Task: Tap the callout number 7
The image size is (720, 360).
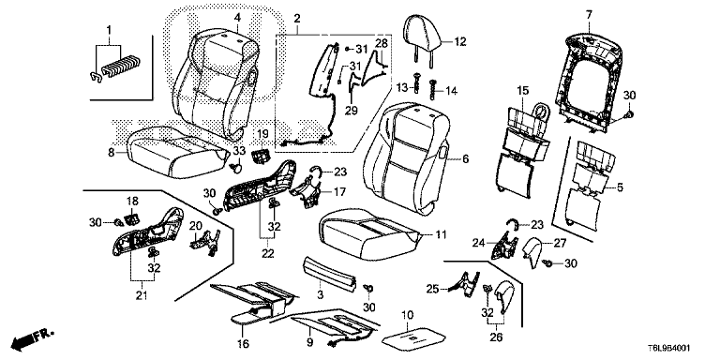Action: pos(589,16)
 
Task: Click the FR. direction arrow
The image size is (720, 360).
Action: pos(32,337)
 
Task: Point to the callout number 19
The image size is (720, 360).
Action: pos(262,134)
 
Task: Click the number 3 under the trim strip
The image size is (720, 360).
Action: pos(321,294)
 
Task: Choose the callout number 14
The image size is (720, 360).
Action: pos(451,91)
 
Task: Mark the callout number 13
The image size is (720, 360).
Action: pos(402,87)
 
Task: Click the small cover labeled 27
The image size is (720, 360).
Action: pos(533,251)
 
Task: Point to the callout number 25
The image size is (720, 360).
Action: pos(433,289)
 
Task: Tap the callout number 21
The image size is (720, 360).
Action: pos(142,296)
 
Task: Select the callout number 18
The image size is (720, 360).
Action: pos(132,202)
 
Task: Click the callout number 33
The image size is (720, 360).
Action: pos(239,150)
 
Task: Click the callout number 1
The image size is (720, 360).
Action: pos(109,30)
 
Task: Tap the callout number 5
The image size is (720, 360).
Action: pos(620,187)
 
